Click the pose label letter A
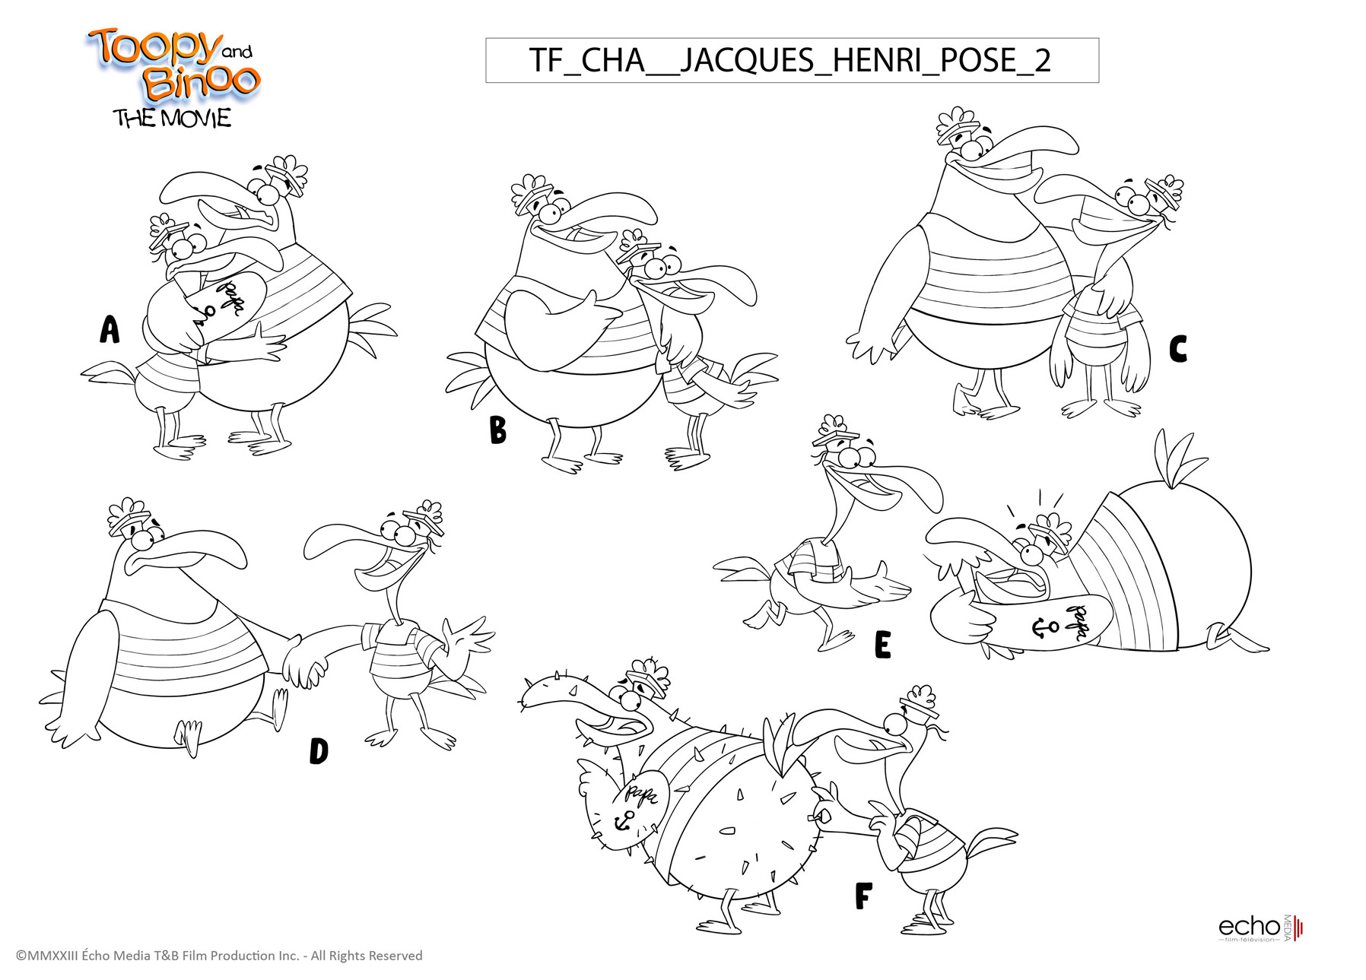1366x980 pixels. [110, 330]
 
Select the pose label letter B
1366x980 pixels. [497, 430]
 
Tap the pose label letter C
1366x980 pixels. [1178, 350]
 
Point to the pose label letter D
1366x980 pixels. [319, 751]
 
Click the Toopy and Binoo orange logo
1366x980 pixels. [175, 64]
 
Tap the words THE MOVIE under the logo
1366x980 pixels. [172, 119]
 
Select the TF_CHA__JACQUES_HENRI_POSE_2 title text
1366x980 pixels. [790, 60]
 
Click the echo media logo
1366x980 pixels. [1261, 928]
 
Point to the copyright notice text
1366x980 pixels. [219, 956]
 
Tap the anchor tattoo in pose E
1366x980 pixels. [1044, 627]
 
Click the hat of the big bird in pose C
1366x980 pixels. [956, 127]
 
